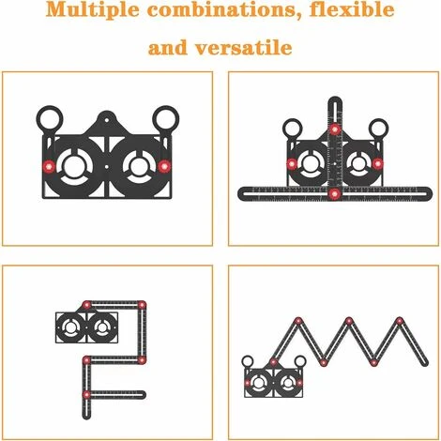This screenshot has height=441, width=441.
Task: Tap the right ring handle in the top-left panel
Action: (x=165, y=119)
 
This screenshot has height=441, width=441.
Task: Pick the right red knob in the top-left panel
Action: (x=163, y=165)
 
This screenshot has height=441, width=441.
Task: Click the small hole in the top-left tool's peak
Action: (x=105, y=119)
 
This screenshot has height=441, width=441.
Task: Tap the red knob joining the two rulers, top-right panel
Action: (x=334, y=194)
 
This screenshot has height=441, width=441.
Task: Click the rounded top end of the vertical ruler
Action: (x=334, y=99)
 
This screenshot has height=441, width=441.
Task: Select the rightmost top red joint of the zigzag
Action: (x=399, y=322)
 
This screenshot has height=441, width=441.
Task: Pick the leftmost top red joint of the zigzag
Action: (x=298, y=322)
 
